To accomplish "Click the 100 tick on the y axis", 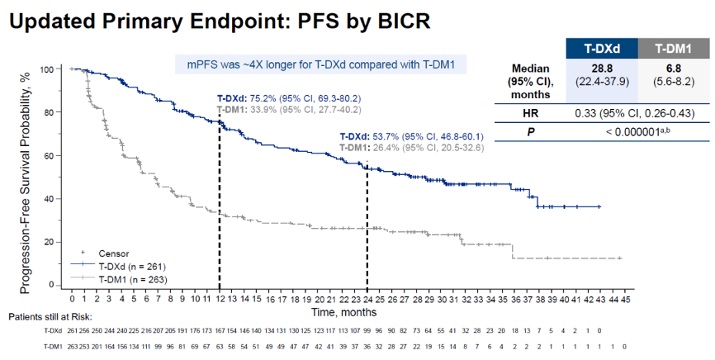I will [x=55, y=69].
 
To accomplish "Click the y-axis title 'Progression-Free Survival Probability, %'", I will [x=26, y=177].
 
